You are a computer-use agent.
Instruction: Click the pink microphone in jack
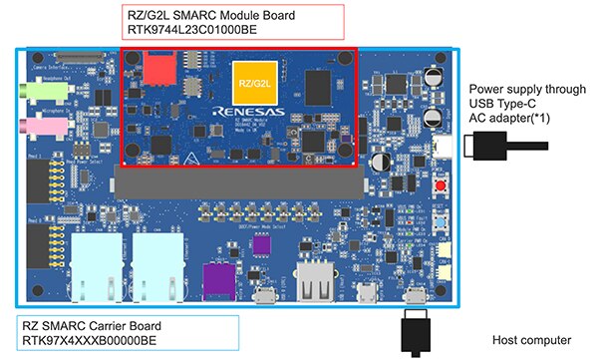tap(51, 126)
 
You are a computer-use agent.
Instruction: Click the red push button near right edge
tap(439, 188)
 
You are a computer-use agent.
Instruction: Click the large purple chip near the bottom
tap(220, 276)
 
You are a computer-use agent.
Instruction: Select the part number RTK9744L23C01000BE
tap(189, 30)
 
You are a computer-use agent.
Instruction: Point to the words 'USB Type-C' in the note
tap(502, 103)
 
